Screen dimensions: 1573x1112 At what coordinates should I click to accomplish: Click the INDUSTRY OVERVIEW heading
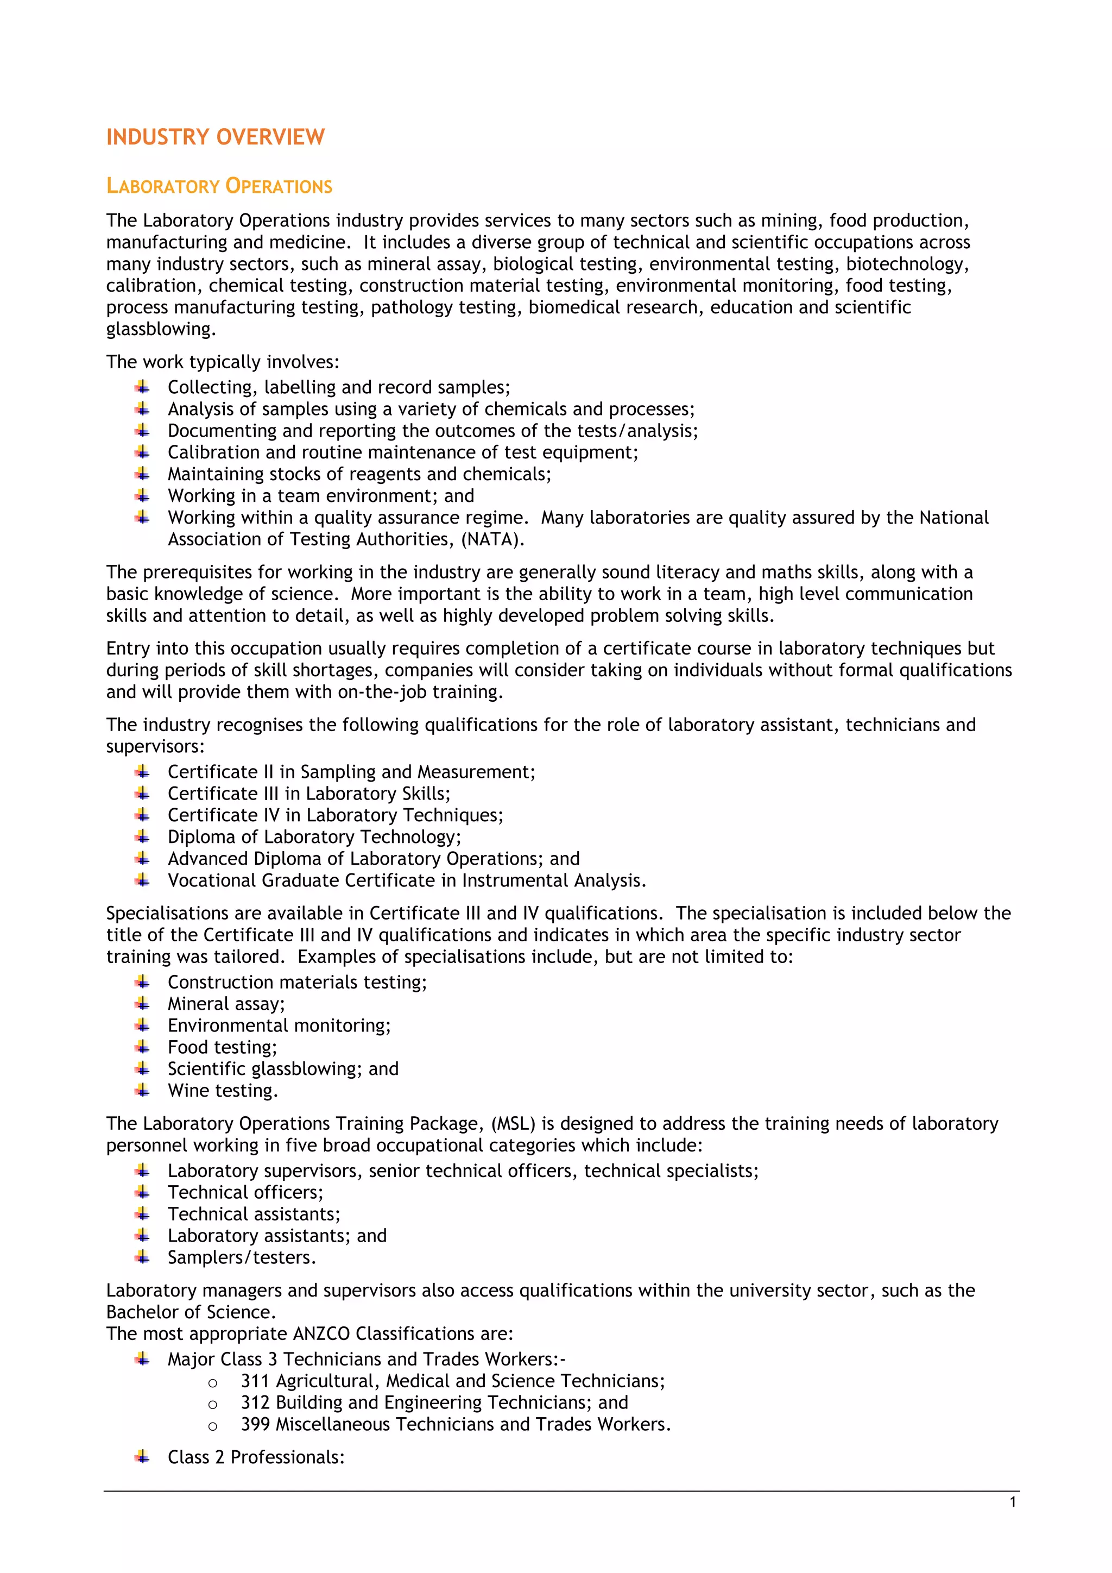tap(215, 137)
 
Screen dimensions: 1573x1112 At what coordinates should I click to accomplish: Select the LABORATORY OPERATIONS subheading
tap(219, 186)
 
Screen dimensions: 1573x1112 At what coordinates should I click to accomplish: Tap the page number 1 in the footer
tap(1013, 1502)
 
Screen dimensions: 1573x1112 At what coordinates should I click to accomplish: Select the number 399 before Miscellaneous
tap(255, 1424)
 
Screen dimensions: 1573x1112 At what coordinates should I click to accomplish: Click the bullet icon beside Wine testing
tap(142, 1090)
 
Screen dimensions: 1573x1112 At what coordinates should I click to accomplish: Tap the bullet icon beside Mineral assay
tap(142, 1004)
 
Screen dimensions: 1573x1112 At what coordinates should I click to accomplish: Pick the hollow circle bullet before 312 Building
tap(212, 1404)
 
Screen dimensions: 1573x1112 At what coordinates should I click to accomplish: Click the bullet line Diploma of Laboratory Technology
tap(314, 837)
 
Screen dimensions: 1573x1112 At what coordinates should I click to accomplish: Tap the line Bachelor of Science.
tap(191, 1312)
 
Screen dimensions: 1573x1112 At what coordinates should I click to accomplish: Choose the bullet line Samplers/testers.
tap(242, 1258)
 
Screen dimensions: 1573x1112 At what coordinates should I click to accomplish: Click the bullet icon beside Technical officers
tap(142, 1192)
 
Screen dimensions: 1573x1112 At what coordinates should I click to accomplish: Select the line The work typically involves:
tap(223, 362)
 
